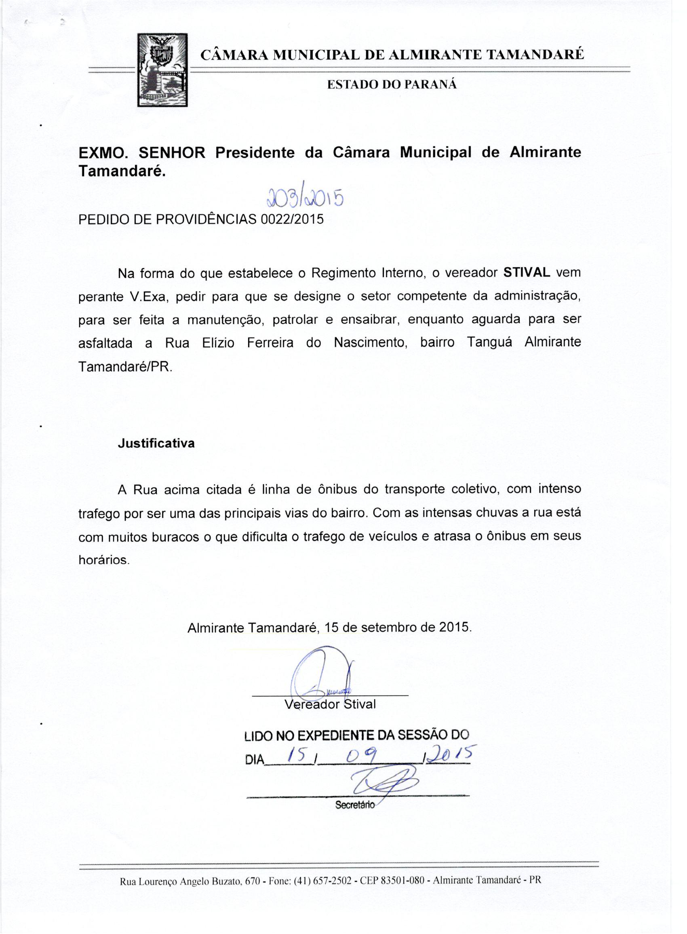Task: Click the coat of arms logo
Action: (x=162, y=70)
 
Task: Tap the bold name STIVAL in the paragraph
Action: (x=527, y=273)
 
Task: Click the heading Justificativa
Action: (x=156, y=444)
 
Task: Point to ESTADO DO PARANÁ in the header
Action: (x=392, y=85)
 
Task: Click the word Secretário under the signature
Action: (x=355, y=805)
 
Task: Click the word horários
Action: (x=103, y=560)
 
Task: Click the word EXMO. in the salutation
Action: (x=103, y=153)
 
